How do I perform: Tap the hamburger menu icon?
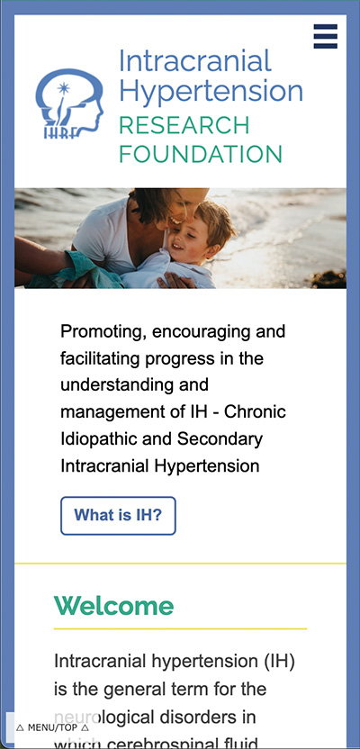point(326,37)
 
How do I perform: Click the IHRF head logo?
point(70,106)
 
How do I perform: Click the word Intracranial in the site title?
point(194,61)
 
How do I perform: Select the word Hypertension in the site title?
point(211,91)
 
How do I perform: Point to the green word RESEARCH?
point(184,124)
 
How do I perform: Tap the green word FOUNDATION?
point(200,153)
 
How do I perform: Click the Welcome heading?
point(113,605)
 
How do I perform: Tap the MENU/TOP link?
point(52,726)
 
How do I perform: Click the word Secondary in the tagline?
point(221,439)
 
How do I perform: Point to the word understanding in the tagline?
point(117,385)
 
